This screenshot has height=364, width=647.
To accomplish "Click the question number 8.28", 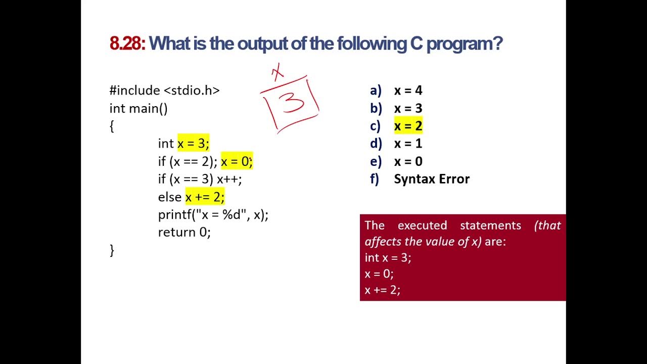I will coord(127,44).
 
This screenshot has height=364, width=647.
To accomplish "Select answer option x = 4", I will coord(408,90).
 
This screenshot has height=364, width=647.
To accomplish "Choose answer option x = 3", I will coord(408,108).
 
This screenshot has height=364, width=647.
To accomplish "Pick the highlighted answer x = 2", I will coord(408,126).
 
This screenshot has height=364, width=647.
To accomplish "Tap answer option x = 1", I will coord(408,144).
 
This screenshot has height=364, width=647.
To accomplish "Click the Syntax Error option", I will coord(431,179).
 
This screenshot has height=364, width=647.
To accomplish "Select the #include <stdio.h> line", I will coord(164,90).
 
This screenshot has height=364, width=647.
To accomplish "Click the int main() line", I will coord(138,108).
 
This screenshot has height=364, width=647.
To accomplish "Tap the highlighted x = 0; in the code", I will coord(236,161).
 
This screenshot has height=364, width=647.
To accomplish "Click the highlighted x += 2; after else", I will coord(205,197).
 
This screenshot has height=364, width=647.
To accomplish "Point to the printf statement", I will coord(213,214).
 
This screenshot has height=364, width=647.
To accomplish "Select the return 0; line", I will coord(184,232).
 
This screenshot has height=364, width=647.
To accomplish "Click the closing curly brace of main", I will coord(112,250).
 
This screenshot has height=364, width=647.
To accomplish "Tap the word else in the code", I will coord(169,197).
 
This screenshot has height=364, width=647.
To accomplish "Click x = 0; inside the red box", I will coord(379,274).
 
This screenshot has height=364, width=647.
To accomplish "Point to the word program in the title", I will coord(464,44).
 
